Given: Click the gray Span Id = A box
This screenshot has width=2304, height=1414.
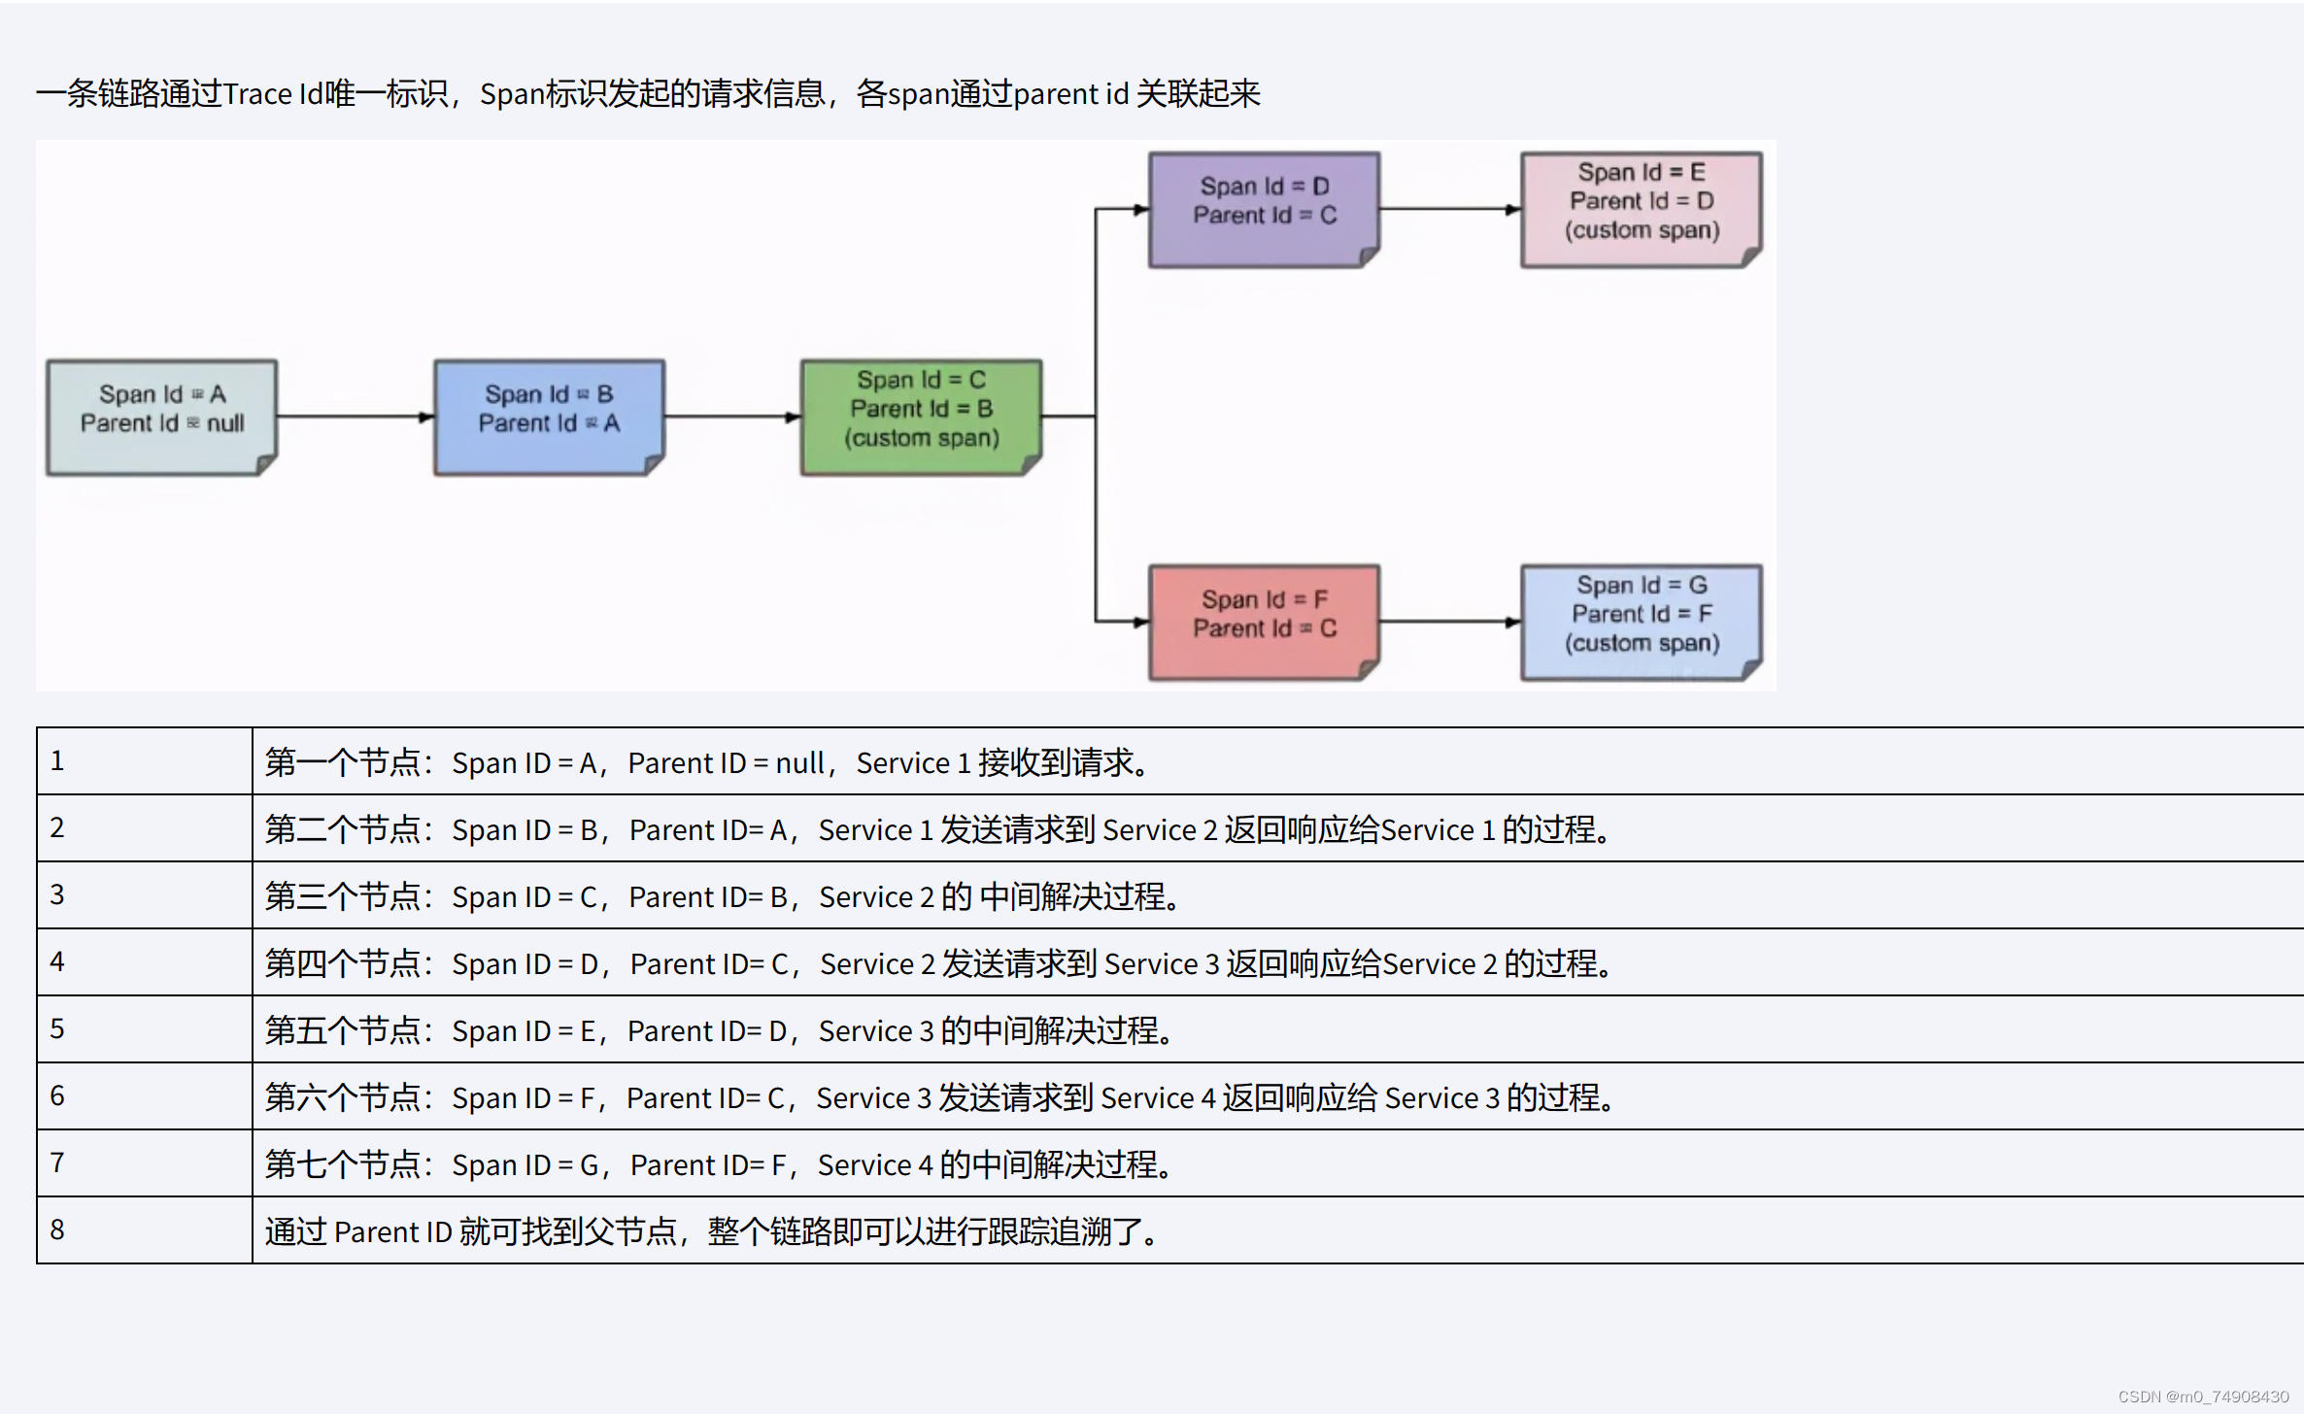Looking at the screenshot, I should coord(161,417).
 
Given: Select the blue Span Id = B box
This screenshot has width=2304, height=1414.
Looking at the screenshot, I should coord(549,417).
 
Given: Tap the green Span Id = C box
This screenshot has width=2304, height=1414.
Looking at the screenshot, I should coord(921,417).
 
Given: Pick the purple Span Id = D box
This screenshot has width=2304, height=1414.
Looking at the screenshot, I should coord(1264,209).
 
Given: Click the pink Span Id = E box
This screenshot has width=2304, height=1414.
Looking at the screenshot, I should coord(1641,209).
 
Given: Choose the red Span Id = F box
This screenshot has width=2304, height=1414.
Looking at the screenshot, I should coord(1264,622).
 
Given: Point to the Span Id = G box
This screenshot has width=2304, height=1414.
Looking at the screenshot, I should coord(1641,622).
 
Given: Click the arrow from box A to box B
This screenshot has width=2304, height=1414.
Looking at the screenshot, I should coord(356,417).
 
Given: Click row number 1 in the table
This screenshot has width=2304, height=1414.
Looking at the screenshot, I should coord(57,760).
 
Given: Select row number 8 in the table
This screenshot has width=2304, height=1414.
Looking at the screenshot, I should coord(57,1229).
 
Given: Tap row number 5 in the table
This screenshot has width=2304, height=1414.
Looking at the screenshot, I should coord(57,1028).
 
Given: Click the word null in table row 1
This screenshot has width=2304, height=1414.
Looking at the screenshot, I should coord(799,763).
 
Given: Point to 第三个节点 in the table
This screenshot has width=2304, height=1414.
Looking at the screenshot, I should coord(342,896).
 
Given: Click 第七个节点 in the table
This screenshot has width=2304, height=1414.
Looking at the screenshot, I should coord(342,1164).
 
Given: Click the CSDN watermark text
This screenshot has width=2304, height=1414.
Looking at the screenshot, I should coord(2202,1397).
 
